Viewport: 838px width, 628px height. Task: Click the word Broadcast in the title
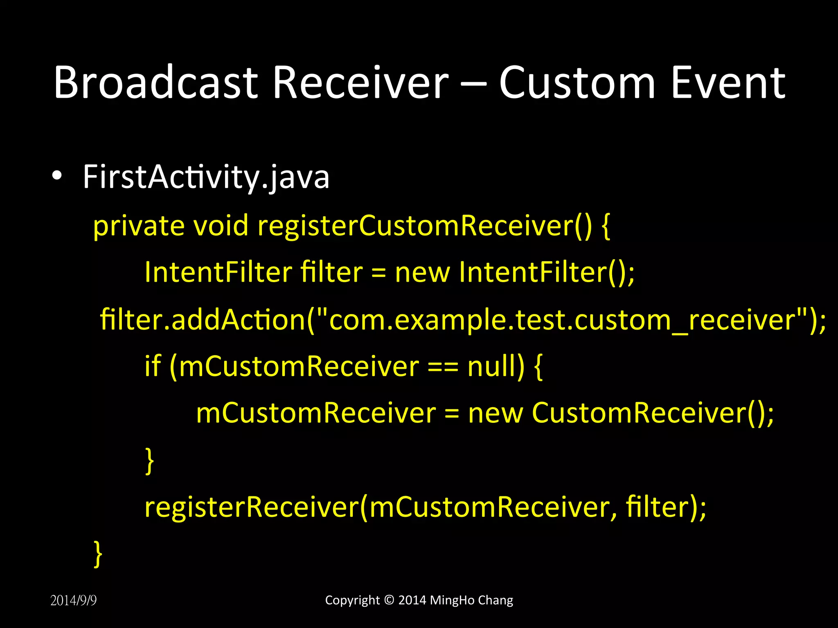[155, 83]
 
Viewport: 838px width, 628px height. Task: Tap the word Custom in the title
[577, 83]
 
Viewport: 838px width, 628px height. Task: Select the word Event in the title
[728, 83]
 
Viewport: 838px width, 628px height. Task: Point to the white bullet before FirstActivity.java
[57, 176]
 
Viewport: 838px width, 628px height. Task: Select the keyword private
[139, 226]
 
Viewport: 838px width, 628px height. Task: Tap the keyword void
[221, 226]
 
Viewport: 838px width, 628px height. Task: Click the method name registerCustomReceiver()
[424, 226]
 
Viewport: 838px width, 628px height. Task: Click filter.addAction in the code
[203, 320]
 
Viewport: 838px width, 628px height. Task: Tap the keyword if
[153, 366]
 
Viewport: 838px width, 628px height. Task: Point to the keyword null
[495, 366]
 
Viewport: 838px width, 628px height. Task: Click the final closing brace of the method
[98, 554]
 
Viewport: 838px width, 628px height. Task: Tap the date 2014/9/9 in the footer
[74, 601]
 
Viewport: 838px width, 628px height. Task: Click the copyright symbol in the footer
[389, 600]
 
